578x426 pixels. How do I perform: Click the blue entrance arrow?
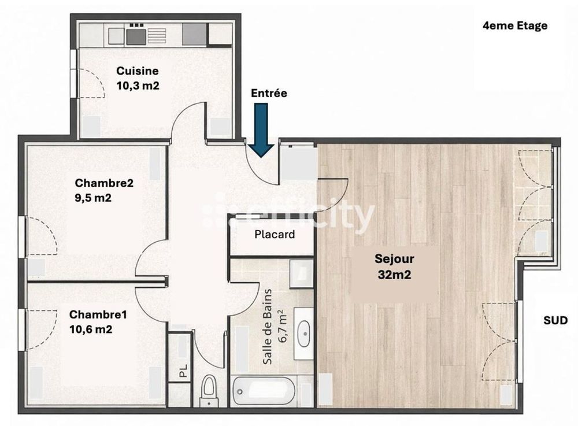[262, 130]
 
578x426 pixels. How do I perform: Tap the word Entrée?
[269, 93]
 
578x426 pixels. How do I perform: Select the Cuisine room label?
[137, 71]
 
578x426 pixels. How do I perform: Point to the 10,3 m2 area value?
[138, 85]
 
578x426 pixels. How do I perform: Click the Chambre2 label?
[104, 183]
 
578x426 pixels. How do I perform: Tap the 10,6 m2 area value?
[90, 329]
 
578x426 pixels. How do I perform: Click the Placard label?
[275, 234]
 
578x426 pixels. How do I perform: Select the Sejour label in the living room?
[394, 259]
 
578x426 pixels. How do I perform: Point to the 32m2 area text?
[394, 275]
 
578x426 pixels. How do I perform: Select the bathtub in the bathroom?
[264, 391]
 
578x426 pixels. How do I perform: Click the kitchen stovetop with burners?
[136, 35]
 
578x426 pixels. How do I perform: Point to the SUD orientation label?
[555, 320]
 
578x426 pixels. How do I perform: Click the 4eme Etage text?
[514, 25]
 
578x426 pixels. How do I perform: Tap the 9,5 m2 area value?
[93, 198]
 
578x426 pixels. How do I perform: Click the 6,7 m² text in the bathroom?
[283, 326]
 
